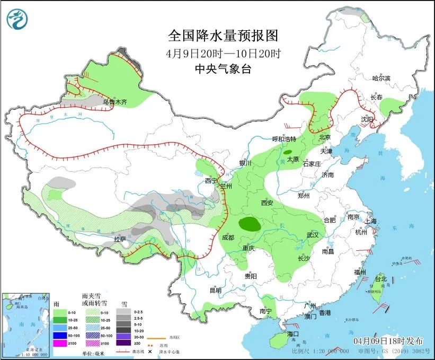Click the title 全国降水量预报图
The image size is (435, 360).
[x=223, y=36]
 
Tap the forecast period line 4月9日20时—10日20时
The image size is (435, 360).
[x=223, y=53]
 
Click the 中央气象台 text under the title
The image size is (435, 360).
[x=223, y=69]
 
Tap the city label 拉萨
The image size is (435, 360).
[x=120, y=239]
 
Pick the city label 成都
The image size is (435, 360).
[x=229, y=236]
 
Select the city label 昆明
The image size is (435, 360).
[x=215, y=290]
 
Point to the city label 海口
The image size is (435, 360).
[x=294, y=334]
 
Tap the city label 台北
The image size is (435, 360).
[x=381, y=278]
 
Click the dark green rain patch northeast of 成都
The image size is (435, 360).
[x=250, y=224]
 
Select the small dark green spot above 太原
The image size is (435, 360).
[x=287, y=152]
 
